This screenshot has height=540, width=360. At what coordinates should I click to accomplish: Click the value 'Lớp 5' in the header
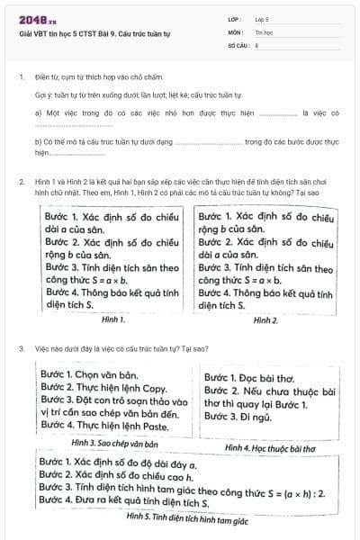tap(262, 18)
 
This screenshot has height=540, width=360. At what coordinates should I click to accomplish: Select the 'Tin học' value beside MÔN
tap(263, 31)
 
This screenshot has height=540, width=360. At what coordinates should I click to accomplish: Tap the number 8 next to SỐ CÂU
tap(256, 43)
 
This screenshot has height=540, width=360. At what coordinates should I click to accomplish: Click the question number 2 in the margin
tap(21, 182)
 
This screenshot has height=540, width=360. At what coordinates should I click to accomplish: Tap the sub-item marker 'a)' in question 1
tap(39, 113)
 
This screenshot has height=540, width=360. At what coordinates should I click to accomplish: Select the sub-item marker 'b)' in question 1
tap(39, 142)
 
